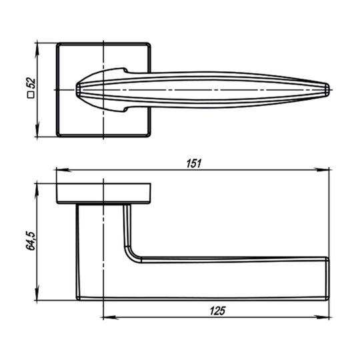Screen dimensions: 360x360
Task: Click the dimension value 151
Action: tap(193, 163)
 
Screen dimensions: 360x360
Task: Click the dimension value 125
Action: tap(217, 311)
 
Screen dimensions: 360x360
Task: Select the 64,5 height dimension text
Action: tap(30, 241)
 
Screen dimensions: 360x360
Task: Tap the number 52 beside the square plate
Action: tap(31, 83)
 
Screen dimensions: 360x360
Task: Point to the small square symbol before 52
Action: tap(31, 95)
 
